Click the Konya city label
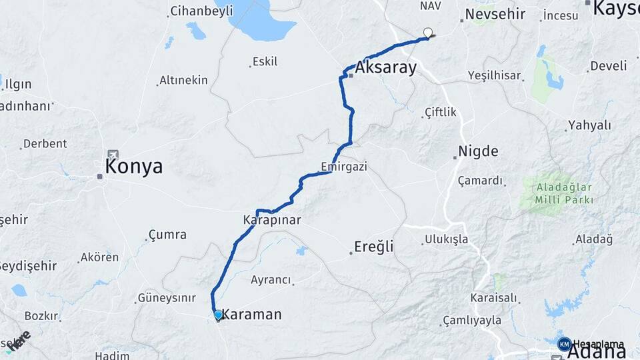[134, 167]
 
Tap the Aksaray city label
[386, 67]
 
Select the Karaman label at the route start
[251, 314]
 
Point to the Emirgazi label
[344, 166]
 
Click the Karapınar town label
[272, 219]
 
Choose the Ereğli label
[374, 247]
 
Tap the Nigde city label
[478, 151]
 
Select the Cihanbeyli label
[201, 11]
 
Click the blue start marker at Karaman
[218, 314]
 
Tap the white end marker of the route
[428, 31]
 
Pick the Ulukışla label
[446, 239]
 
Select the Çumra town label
[167, 235]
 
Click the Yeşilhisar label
[494, 75]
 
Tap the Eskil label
[265, 62]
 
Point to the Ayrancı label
[271, 281]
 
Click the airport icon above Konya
[111, 155]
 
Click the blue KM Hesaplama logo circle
[564, 344]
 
